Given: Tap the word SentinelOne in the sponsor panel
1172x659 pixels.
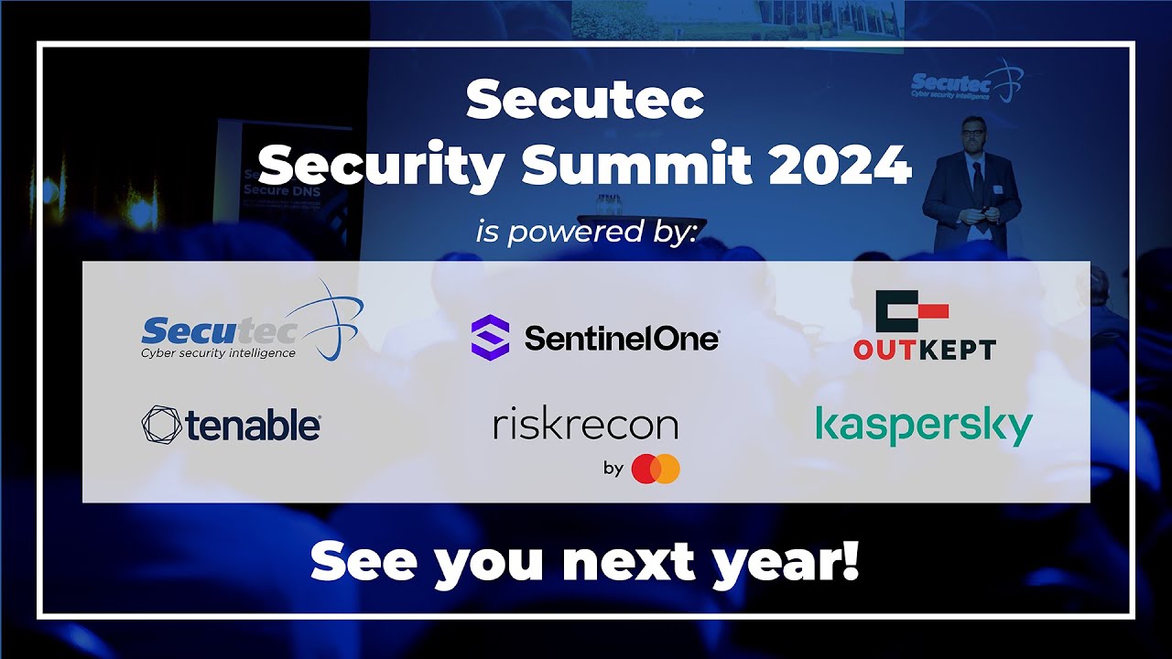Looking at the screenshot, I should click(622, 340).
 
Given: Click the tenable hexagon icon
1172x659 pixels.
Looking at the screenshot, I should click(161, 426).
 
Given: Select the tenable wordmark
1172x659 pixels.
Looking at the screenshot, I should click(252, 427).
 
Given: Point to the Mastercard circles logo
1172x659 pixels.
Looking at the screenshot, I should click(656, 469).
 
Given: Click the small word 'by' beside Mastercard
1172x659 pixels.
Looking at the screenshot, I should click(613, 469).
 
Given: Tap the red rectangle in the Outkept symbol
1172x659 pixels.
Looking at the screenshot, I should click(928, 312).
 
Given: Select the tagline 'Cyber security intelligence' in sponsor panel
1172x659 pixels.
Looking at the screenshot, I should click(218, 353).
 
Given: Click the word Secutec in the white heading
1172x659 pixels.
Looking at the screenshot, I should click(585, 101).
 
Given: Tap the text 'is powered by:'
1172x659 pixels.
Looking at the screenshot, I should click(586, 231).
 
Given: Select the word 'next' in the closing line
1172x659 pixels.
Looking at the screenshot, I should click(627, 563).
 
